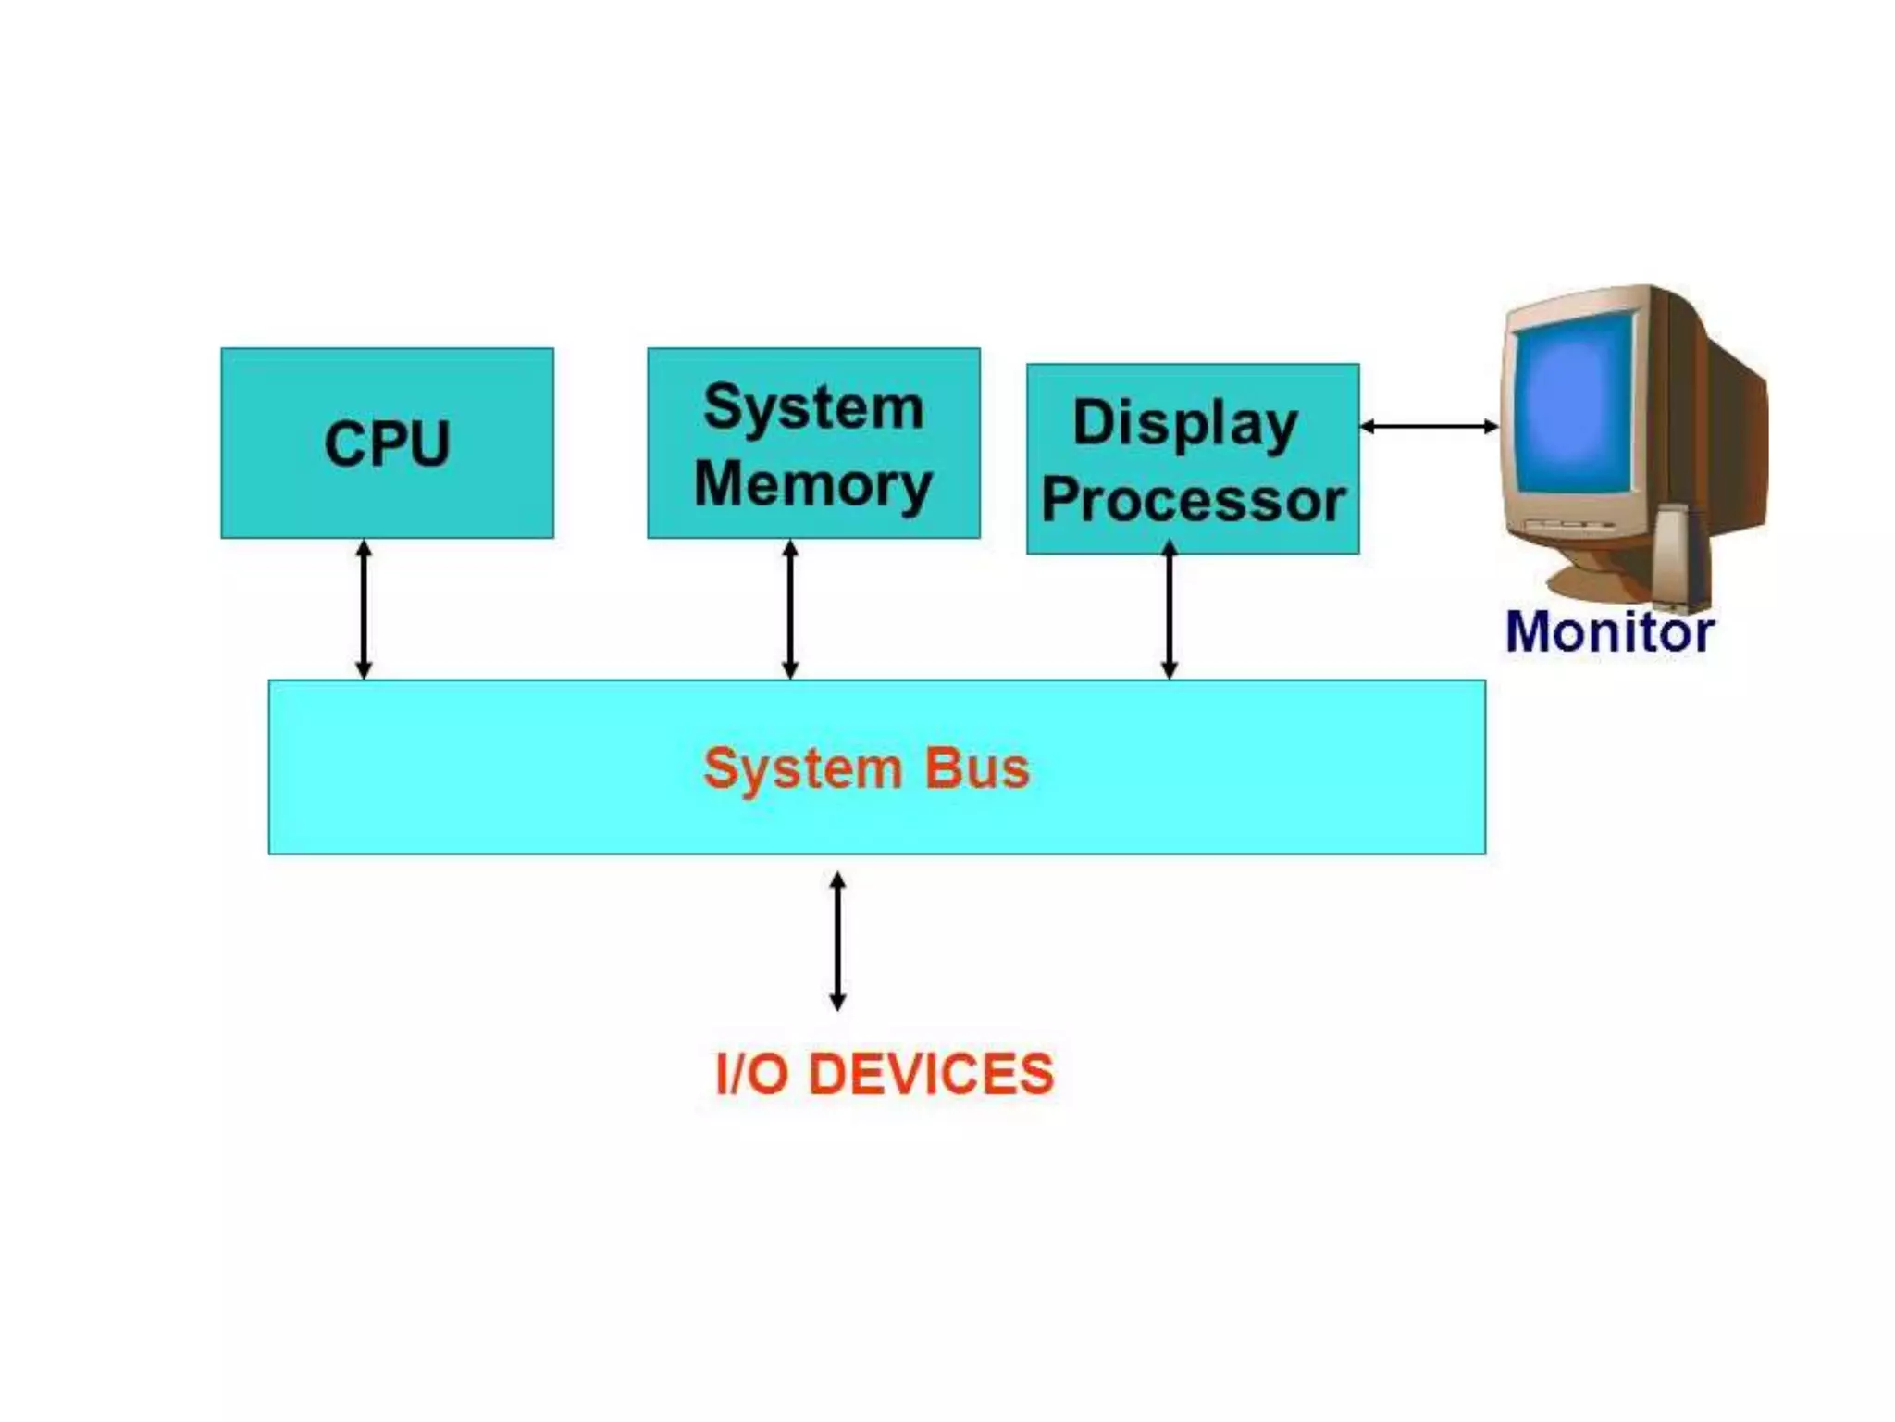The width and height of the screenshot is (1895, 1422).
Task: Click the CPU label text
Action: click(x=387, y=444)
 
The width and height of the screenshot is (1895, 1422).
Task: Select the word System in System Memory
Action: click(x=813, y=407)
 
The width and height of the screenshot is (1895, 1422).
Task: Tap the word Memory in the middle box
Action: click(x=813, y=484)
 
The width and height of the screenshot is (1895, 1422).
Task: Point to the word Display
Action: click(x=1184, y=424)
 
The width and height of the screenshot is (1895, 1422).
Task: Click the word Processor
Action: click(x=1193, y=501)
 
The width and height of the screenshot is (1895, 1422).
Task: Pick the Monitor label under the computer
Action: click(x=1609, y=632)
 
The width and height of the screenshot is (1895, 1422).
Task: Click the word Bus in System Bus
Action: click(x=977, y=768)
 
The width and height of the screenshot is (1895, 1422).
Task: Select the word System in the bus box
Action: click(x=802, y=768)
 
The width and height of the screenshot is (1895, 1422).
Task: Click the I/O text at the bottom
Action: click(x=751, y=1074)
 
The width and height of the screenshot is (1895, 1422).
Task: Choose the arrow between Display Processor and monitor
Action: click(x=1429, y=426)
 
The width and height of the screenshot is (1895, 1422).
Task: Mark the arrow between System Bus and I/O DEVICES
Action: click(x=837, y=941)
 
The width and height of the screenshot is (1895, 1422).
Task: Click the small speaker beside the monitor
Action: click(x=1679, y=555)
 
